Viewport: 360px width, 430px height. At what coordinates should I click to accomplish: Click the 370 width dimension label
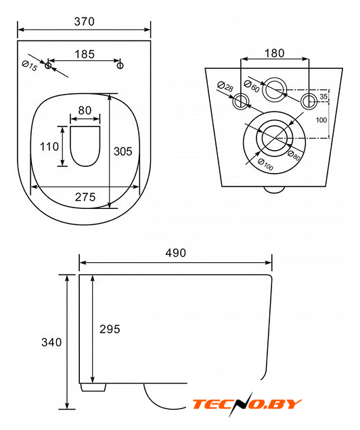click(x=84, y=22)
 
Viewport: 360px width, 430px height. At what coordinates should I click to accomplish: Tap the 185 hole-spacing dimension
click(x=85, y=54)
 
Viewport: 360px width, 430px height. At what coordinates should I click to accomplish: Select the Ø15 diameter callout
click(x=30, y=66)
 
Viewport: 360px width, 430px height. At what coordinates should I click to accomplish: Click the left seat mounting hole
click(x=48, y=66)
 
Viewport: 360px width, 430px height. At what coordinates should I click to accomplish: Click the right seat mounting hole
click(x=120, y=66)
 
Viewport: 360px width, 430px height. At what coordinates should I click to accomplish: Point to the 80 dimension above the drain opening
click(x=85, y=110)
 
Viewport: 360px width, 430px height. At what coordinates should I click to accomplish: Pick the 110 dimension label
click(x=49, y=147)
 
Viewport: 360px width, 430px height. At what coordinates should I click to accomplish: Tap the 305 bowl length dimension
click(x=123, y=151)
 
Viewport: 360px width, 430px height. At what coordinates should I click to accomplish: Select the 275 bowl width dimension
click(x=85, y=197)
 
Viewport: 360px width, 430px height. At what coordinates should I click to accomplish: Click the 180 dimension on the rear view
click(x=274, y=53)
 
